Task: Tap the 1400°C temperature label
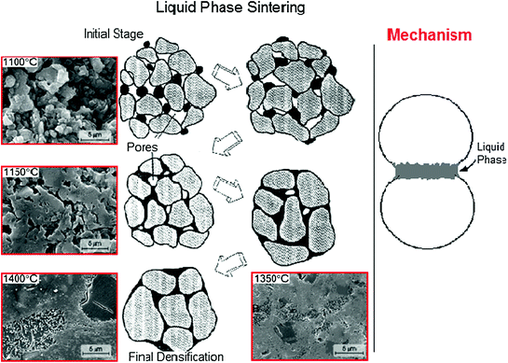click(x=21, y=278)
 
